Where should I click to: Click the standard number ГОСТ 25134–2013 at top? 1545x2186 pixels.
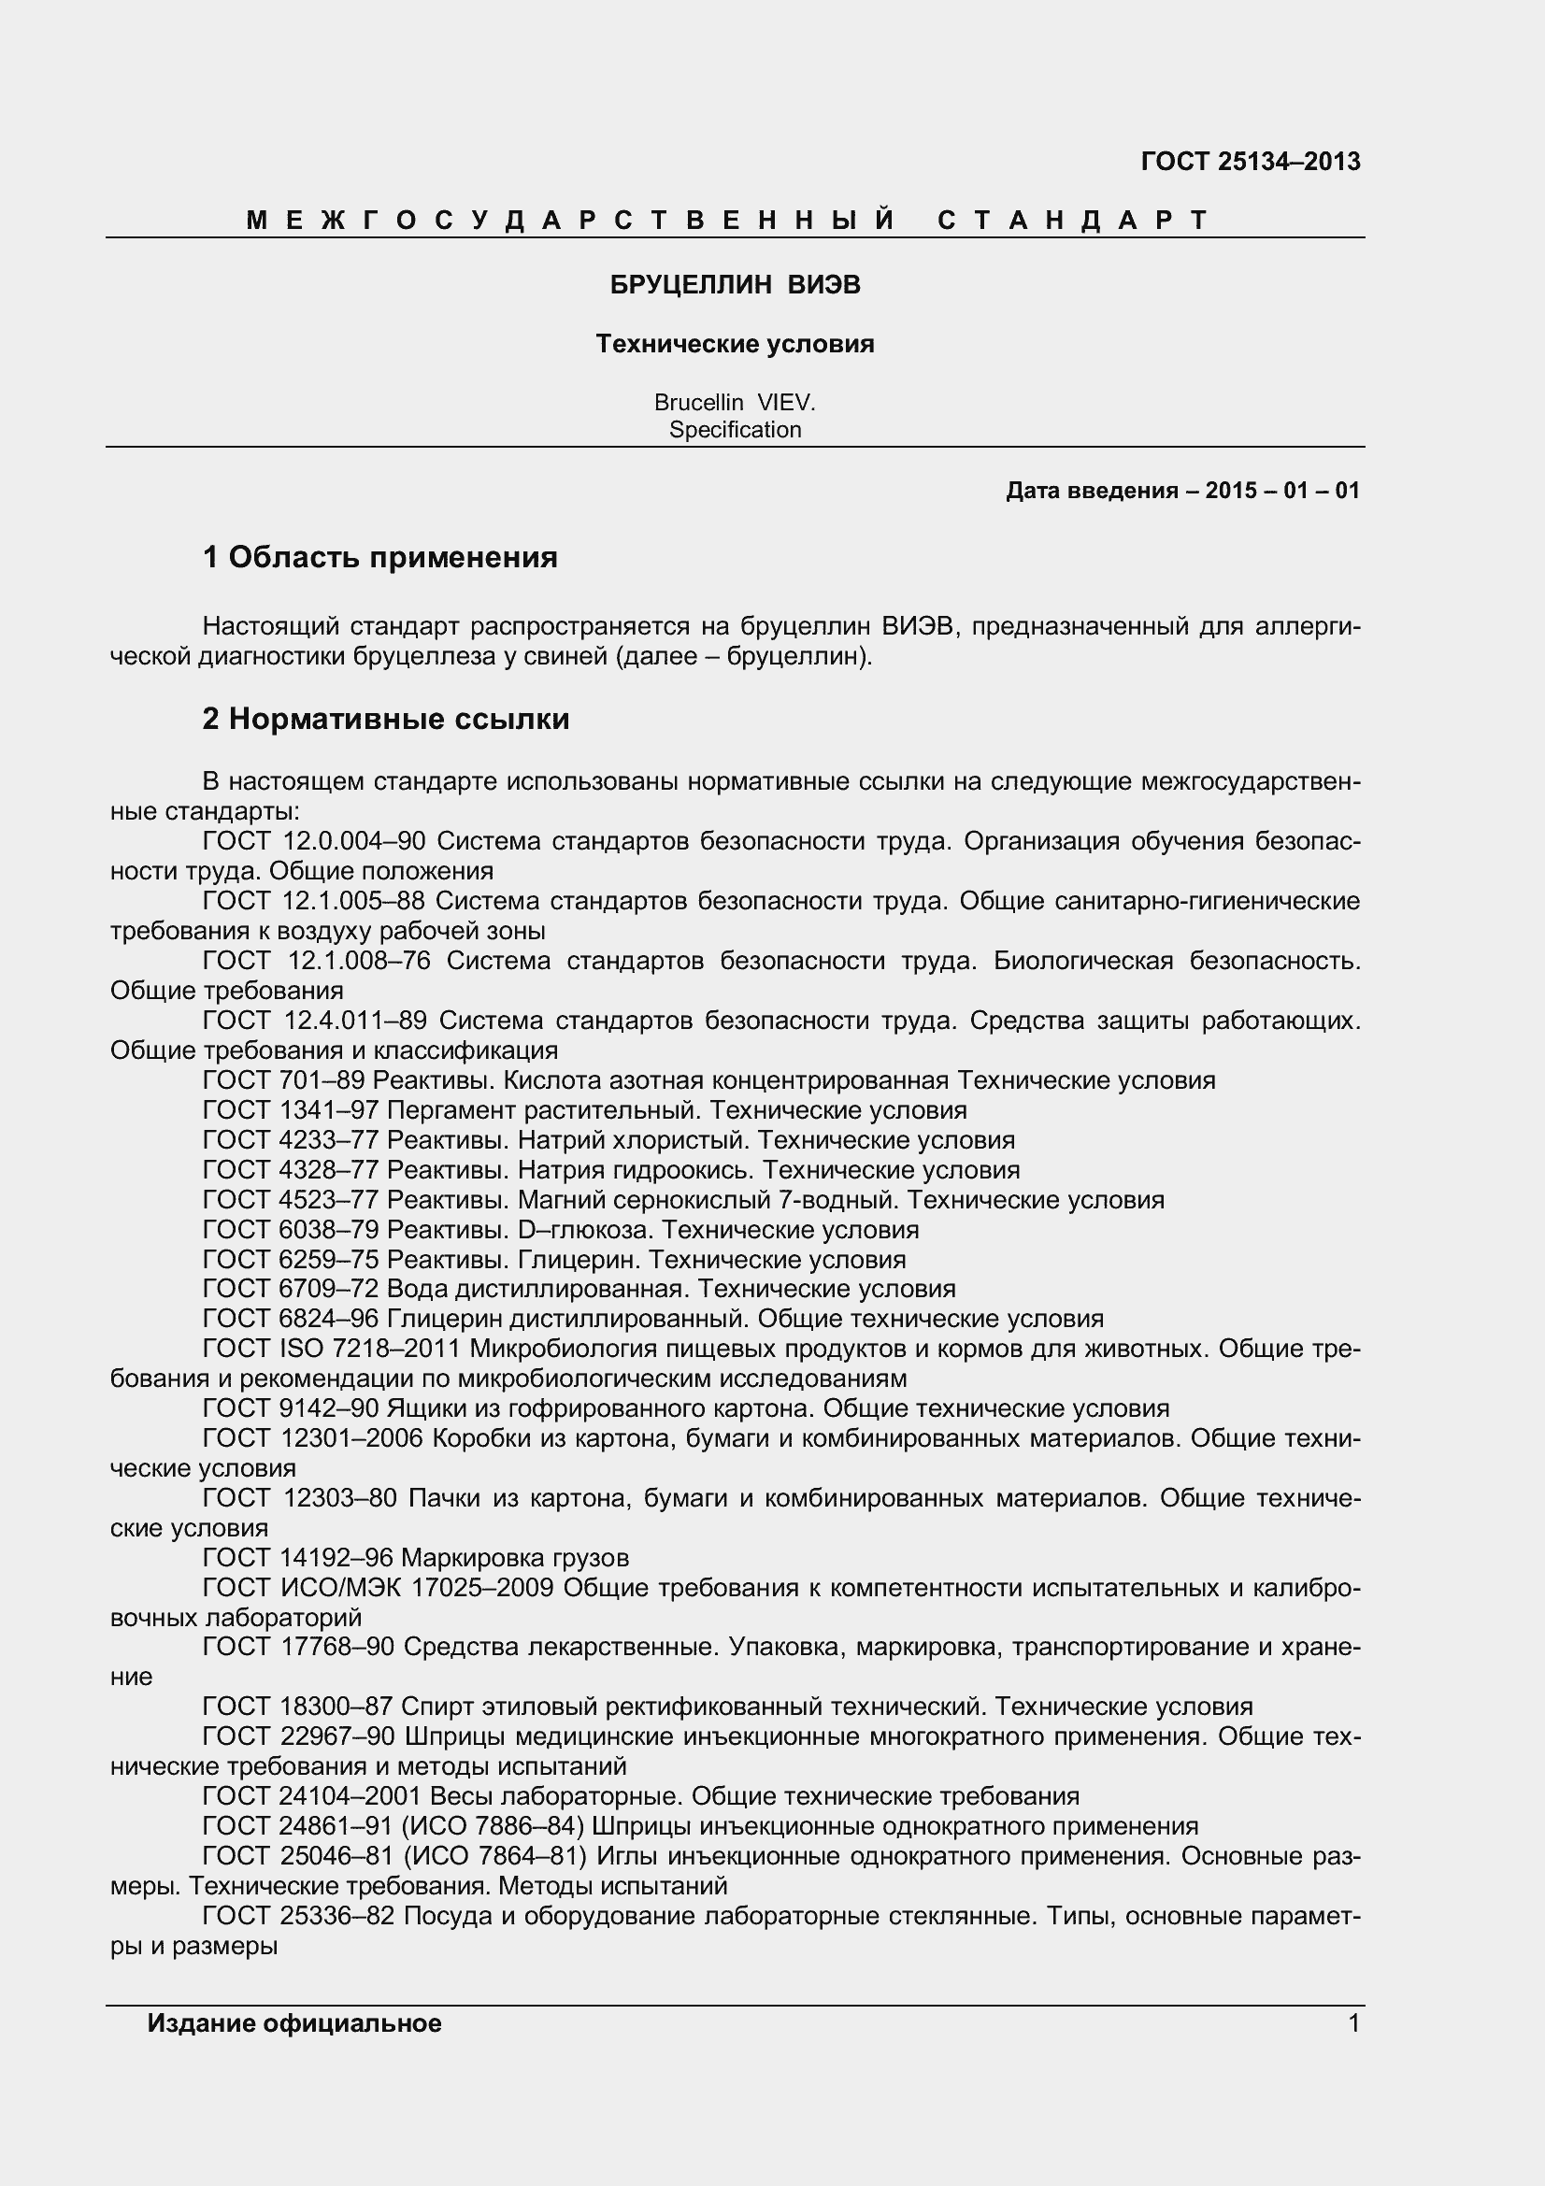tap(1250, 162)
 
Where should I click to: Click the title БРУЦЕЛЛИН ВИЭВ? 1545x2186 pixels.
tap(735, 286)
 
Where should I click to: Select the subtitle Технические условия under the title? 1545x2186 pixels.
tap(735, 344)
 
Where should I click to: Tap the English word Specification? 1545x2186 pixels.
tap(735, 429)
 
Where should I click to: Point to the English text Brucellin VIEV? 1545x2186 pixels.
tap(735, 403)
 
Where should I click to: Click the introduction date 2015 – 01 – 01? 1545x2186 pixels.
tap(1281, 492)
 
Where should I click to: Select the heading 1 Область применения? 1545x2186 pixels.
tap(379, 557)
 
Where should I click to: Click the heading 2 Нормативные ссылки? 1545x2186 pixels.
tap(385, 719)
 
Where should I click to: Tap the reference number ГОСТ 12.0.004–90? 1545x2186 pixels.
tap(314, 842)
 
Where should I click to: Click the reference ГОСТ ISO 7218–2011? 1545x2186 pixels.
tap(331, 1350)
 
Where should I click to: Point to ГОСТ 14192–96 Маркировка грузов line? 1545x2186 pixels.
tap(415, 1558)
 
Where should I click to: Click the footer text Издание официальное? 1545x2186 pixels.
tap(294, 2023)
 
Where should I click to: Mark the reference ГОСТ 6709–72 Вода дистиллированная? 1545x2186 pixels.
tap(579, 1289)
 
